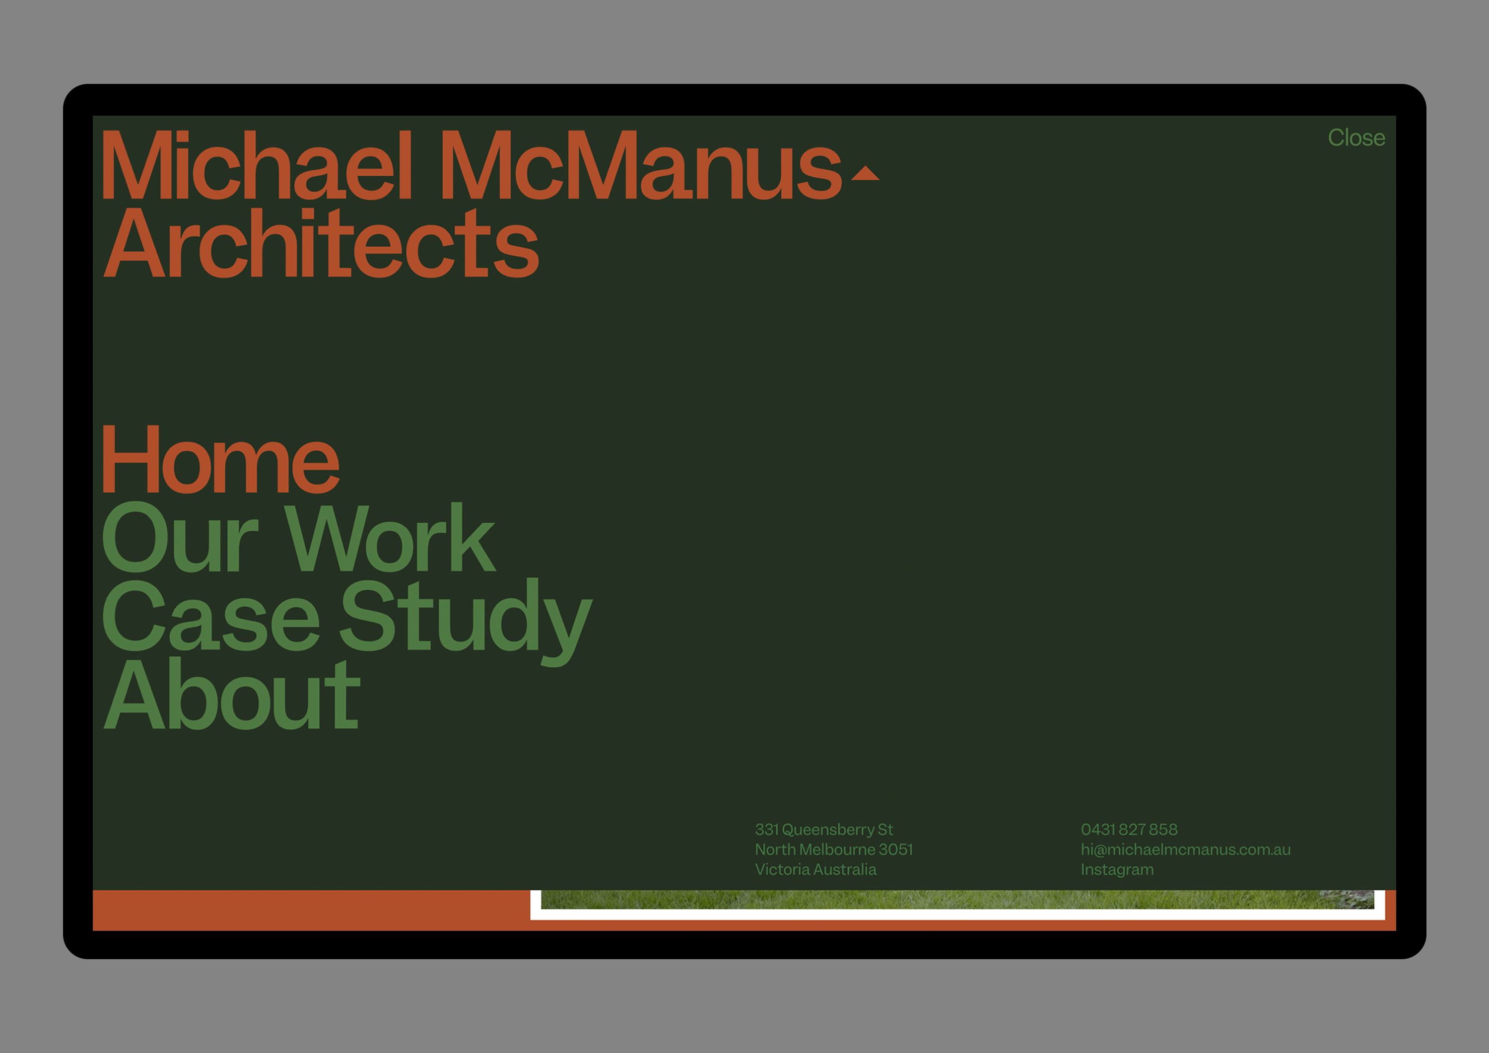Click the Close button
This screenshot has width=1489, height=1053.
[x=1356, y=138]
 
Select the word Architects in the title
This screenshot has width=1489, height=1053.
[x=322, y=243]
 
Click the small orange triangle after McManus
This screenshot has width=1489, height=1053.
[x=865, y=173]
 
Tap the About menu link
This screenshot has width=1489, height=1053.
[x=231, y=694]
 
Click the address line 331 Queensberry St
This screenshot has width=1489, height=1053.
[x=823, y=829]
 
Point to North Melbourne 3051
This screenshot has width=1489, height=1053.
[x=833, y=849]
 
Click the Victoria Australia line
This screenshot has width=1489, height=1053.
[x=815, y=869]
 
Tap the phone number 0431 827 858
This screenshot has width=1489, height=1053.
[x=1129, y=829]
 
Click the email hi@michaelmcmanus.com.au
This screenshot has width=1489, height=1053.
[x=1186, y=849]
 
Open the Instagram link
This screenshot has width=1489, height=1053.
[x=1117, y=870]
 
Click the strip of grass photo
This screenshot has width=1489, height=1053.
[x=957, y=899]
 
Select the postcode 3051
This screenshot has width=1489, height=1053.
[x=895, y=849]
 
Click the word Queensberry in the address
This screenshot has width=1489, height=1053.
[x=828, y=829]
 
